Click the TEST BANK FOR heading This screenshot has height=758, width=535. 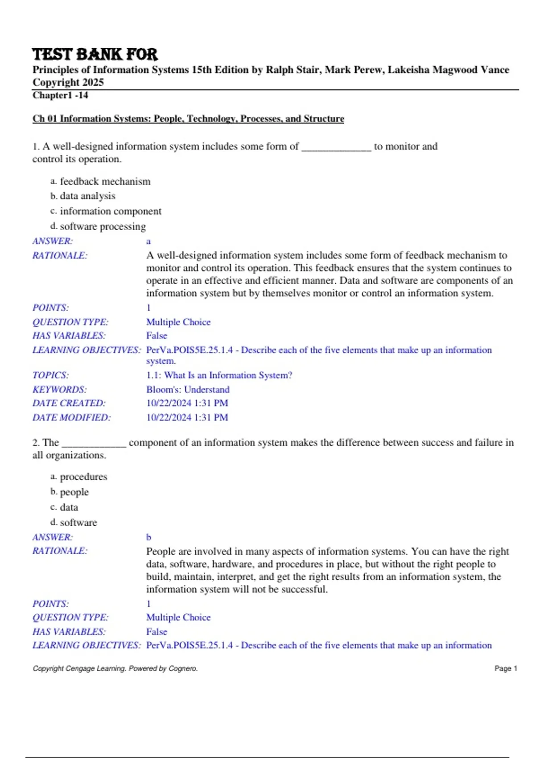(95, 54)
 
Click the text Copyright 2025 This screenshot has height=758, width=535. (68, 82)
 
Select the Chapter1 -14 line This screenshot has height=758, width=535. (60, 95)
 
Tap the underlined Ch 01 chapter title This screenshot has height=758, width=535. (188, 119)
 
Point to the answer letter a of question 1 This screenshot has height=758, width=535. (148, 242)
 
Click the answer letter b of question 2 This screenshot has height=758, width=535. (148, 537)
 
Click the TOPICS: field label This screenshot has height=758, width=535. (50, 375)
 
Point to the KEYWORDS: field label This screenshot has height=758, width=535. (59, 390)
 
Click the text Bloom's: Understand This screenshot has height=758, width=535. (188, 390)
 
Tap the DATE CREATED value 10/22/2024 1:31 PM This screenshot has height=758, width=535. (187, 403)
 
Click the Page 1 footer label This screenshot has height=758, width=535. (506, 668)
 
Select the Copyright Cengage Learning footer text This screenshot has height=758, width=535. (115, 668)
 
